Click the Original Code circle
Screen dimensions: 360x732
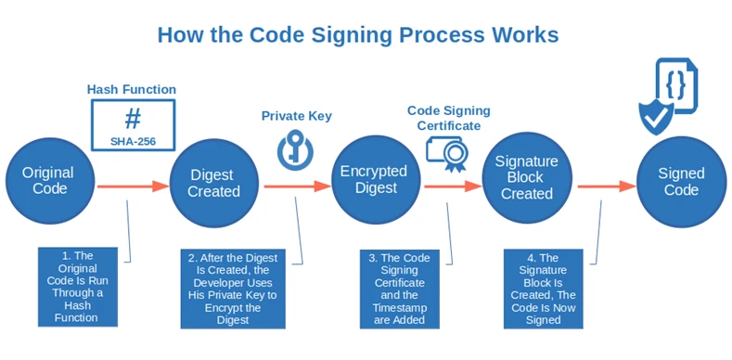click(x=48, y=182)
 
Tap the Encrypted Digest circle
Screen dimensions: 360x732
click(x=374, y=181)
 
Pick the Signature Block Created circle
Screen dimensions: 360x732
click(x=527, y=178)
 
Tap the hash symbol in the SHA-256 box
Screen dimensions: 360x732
click(x=133, y=119)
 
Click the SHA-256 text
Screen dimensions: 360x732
click(x=133, y=141)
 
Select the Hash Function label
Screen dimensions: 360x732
click(x=132, y=89)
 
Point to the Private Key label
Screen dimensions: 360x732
click(x=296, y=116)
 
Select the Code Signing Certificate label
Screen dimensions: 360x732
click(x=449, y=118)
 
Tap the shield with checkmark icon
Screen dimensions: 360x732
click(x=656, y=116)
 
